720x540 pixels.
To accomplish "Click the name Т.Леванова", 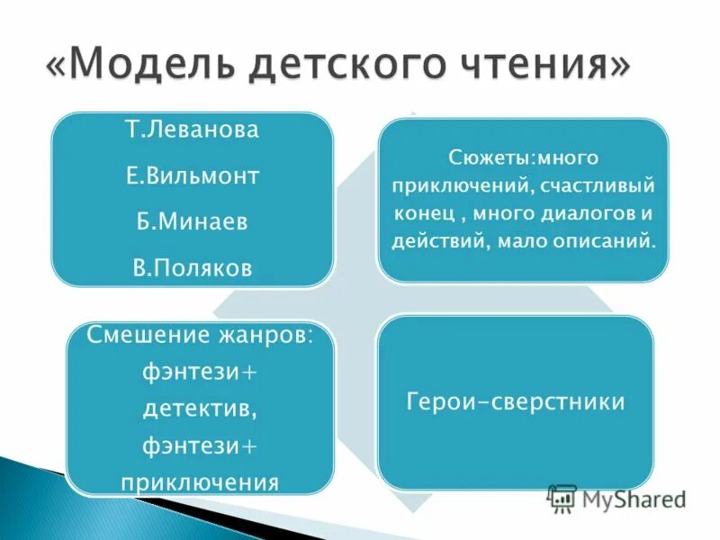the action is click(192, 130).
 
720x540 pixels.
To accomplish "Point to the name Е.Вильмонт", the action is click(192, 175).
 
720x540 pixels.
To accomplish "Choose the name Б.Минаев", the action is click(192, 222).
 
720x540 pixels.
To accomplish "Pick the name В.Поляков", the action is click(192, 268).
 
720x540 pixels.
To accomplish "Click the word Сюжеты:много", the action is click(523, 158).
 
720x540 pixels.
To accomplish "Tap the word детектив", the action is click(200, 409).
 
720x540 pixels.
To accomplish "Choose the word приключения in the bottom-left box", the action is click(200, 481).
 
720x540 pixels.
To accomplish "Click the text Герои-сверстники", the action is click(516, 401).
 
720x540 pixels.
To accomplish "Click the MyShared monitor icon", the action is click(562, 498).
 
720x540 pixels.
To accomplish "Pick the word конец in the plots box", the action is click(421, 215).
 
